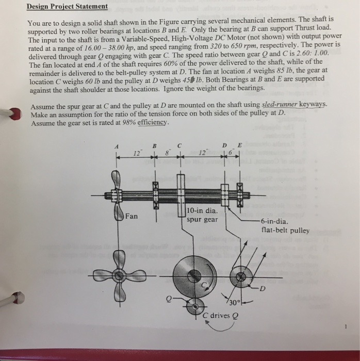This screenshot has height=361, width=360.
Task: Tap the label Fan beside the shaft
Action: click(132, 216)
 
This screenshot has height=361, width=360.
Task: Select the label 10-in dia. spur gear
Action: click(202, 215)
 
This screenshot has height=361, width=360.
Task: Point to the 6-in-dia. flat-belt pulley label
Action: click(285, 226)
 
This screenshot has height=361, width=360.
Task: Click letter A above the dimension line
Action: click(117, 146)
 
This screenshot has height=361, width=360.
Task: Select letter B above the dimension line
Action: click(154, 146)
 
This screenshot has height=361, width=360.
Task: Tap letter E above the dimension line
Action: click(239, 145)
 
